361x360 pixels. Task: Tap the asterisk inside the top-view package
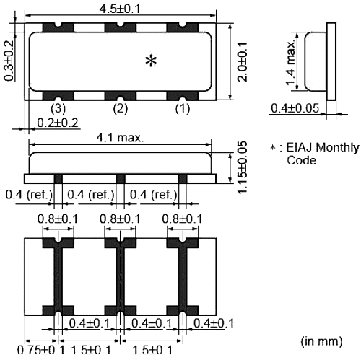click(151, 62)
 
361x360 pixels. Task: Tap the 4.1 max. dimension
click(121, 137)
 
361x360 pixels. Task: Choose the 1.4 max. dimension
click(291, 63)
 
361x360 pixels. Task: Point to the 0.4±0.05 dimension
click(295, 109)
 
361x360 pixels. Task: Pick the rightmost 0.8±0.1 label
click(182, 218)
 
